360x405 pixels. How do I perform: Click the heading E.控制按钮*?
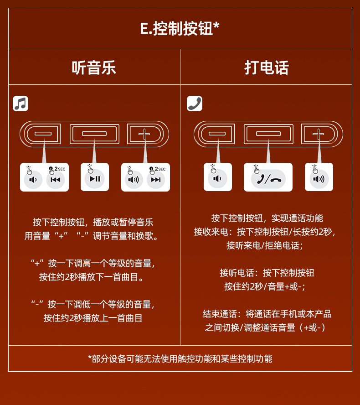tap(180, 28)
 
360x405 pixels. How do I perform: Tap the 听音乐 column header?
tap(94, 67)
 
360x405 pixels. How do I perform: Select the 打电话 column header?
tap(266, 67)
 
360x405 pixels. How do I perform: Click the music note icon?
tap(21, 104)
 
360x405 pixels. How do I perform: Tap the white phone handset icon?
tap(195, 104)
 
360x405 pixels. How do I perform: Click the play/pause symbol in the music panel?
tap(95, 179)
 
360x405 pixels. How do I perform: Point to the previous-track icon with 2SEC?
tap(56, 179)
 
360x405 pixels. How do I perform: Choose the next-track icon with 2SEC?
tap(156, 179)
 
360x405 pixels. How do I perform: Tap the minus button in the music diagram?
tap(43, 134)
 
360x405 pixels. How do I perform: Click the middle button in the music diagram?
tap(94, 134)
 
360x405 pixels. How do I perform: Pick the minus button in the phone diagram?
tap(217, 134)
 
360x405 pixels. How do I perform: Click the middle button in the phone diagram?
tap(268, 134)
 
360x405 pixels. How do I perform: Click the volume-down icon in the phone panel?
tap(217, 178)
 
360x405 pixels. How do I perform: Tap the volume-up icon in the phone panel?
tap(319, 179)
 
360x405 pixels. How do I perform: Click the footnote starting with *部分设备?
tap(180, 359)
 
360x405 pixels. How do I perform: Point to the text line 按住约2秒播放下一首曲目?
tap(91, 277)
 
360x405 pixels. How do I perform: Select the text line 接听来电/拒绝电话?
tap(264, 245)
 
